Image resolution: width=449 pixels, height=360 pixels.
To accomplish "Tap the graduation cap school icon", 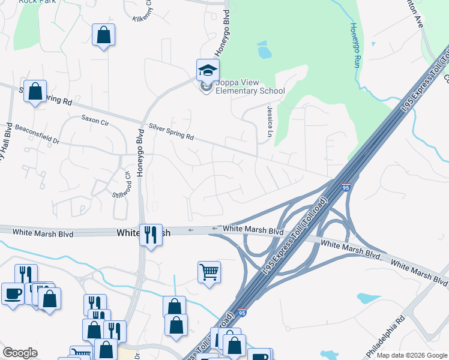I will pyautogui.click(x=208, y=70).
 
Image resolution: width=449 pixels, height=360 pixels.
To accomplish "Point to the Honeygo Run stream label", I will pyautogui.click(x=354, y=45).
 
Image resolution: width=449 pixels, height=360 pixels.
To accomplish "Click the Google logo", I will pyautogui.click(x=20, y=353).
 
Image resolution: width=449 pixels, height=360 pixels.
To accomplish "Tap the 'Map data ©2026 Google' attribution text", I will pyautogui.click(x=412, y=355).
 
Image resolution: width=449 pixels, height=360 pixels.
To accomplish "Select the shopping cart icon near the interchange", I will pyautogui.click(x=209, y=272).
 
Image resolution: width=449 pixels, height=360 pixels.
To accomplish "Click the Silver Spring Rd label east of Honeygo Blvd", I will pyautogui.click(x=171, y=132).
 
